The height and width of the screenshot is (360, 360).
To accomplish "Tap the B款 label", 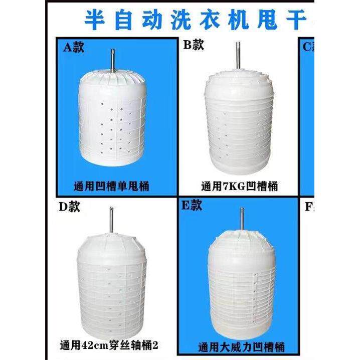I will pyautogui.click(x=193, y=45).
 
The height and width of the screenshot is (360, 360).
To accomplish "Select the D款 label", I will pyautogui.click(x=68, y=206).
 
